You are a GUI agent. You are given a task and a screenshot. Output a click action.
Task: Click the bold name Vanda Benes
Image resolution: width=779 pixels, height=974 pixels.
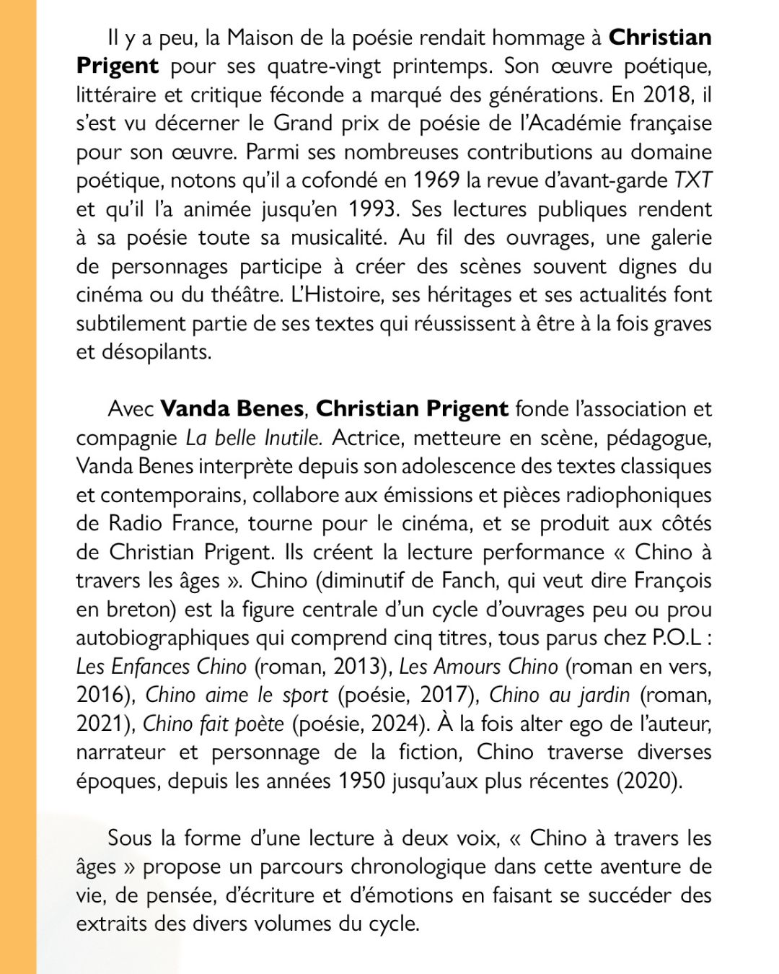[x=232, y=409]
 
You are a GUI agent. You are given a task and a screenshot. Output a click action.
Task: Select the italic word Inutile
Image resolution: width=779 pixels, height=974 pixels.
[x=292, y=438]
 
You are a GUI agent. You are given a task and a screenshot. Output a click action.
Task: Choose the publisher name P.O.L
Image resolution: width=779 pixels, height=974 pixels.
[x=677, y=638]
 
